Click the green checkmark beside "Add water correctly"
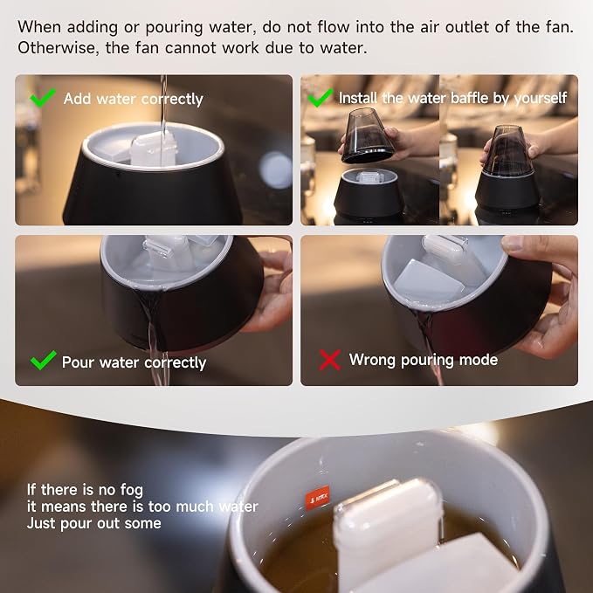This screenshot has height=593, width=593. [42, 98]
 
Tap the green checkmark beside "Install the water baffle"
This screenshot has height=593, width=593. [320, 98]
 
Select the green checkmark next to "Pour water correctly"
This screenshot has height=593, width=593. [43, 360]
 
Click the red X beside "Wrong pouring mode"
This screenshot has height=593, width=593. [329, 360]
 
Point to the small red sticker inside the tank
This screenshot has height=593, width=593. [317, 498]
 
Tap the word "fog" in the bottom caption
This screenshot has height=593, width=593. [132, 491]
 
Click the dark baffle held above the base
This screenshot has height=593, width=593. [367, 135]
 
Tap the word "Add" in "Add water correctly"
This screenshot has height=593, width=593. [78, 99]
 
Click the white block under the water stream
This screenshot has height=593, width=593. [153, 148]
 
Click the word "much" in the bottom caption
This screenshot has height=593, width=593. [195, 507]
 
